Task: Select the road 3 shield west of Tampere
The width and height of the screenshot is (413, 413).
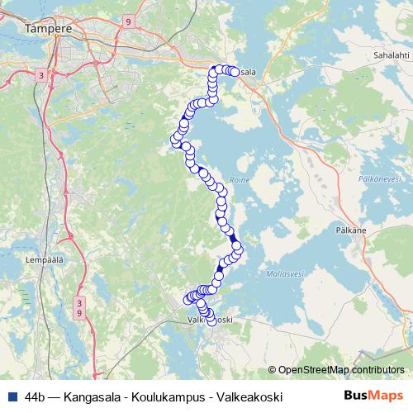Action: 41,74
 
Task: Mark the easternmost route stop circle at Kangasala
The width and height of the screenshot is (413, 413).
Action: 234,73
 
